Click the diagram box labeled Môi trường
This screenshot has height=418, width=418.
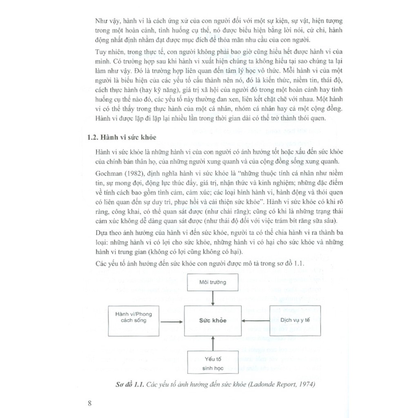coord(212,282)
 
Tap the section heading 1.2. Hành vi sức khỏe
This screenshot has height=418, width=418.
coord(122,137)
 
